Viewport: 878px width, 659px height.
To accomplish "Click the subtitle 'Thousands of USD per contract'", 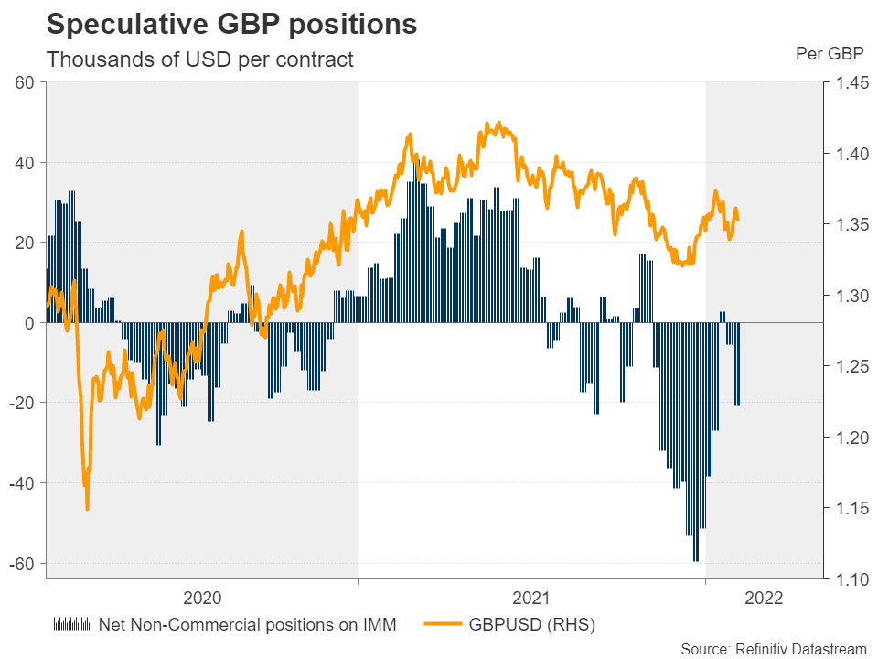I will pos(199,60).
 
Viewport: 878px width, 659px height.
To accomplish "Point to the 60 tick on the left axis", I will pos(25,83).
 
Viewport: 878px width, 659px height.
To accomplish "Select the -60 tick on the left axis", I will pos(21,563).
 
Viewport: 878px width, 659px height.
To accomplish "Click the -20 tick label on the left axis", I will pos(21,403).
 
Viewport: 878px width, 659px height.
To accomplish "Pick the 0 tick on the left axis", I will pos(29,323).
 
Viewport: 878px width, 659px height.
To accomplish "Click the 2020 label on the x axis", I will pos(202,599).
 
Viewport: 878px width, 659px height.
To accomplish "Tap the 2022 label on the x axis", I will pos(765,599).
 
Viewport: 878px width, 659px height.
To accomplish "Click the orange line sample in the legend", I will pos(444,626).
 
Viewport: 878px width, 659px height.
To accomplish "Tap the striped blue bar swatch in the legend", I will pos(73,626).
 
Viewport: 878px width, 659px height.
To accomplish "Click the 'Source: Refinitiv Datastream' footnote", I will pos(773,649).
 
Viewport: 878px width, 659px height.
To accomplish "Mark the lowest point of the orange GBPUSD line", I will pos(87,509).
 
